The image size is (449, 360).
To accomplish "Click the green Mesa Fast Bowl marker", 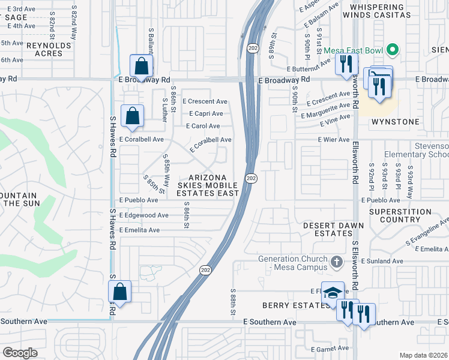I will point(393,49).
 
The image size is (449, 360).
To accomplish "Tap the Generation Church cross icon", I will point(337,262).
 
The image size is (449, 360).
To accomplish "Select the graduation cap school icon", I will point(333,293).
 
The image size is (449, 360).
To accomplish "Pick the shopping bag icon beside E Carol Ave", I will point(132,116).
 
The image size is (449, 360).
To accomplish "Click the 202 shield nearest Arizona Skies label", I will point(251,178).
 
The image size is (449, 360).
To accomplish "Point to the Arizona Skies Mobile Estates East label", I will point(208,185).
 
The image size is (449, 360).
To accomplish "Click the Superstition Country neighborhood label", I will point(400,216).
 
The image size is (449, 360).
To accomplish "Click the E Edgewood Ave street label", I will point(144,215).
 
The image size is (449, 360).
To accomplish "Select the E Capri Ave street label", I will point(206,113).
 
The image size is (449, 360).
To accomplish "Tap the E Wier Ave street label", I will point(333,140).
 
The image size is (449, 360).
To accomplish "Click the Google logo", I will point(19,353).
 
